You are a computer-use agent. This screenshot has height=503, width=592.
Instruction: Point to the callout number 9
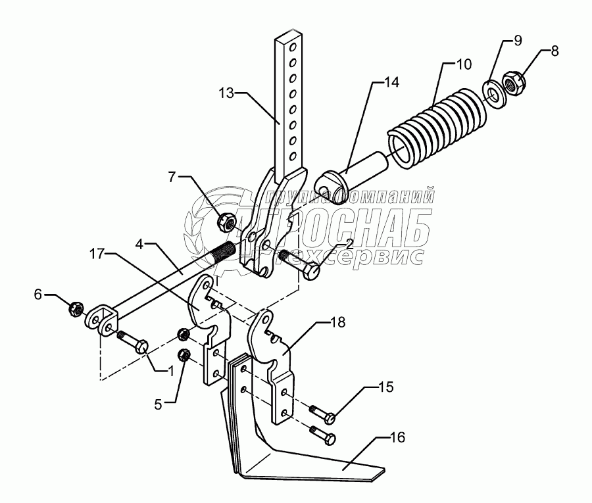click(x=518, y=41)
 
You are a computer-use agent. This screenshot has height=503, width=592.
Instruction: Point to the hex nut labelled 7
click(x=226, y=222)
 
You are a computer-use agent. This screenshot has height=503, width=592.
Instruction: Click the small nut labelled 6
click(x=76, y=307)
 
